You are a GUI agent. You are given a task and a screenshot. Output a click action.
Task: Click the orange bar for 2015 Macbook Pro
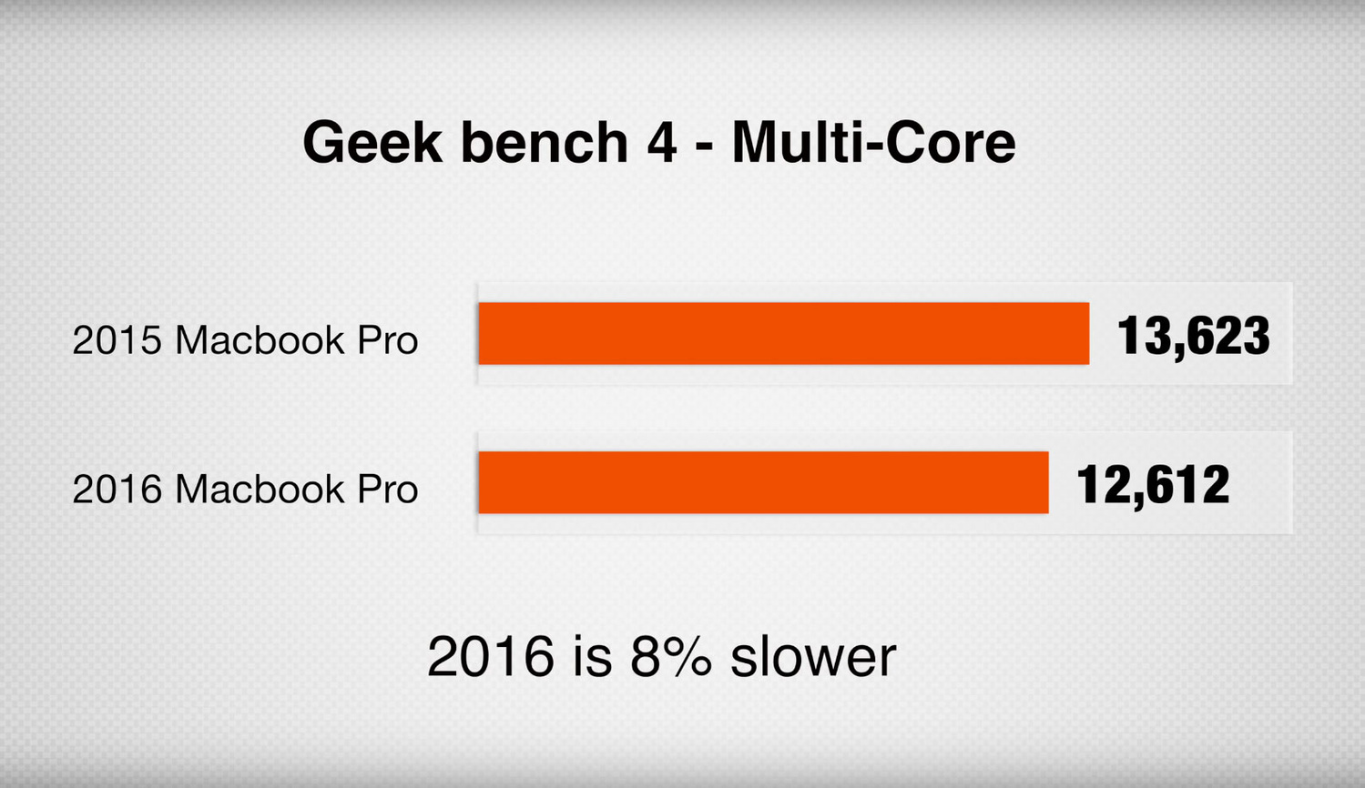click(784, 333)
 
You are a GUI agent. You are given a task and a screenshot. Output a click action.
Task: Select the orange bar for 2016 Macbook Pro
click(764, 482)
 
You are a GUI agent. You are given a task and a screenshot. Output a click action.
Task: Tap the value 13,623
click(1193, 336)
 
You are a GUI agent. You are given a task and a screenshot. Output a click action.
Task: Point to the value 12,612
click(1153, 485)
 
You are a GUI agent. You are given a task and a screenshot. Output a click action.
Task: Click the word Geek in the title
click(372, 142)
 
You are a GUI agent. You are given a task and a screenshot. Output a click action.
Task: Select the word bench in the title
click(545, 142)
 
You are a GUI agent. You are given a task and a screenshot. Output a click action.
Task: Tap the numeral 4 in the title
click(661, 143)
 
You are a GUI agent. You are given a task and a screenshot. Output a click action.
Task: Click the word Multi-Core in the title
click(874, 142)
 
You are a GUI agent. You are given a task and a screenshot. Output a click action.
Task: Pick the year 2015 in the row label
click(117, 339)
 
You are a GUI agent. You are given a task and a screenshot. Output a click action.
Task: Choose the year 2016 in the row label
click(117, 489)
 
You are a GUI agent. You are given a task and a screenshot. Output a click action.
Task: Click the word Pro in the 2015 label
click(388, 339)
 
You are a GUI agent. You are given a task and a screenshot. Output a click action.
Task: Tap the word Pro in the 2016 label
click(388, 489)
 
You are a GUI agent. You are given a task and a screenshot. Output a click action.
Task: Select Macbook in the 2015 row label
click(260, 338)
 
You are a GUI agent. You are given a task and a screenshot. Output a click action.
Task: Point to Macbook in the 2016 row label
click(260, 488)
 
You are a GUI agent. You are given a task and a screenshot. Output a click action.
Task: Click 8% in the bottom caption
click(671, 656)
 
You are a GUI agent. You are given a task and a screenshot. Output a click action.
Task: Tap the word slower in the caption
click(813, 655)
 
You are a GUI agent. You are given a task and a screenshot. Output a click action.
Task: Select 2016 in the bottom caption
click(491, 656)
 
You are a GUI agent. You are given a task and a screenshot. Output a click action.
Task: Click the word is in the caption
click(592, 655)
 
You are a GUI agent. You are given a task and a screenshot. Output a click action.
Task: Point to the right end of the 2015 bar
click(1090, 333)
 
